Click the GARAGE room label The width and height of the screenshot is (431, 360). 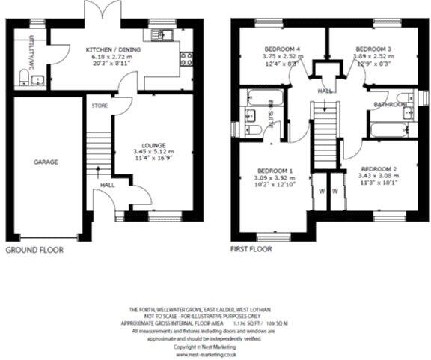[45, 162]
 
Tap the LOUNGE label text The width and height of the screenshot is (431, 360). [153, 144]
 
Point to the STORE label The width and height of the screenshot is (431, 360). [100, 106]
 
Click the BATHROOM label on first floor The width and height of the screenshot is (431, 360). [389, 105]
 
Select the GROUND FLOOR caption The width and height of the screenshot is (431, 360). [34, 250]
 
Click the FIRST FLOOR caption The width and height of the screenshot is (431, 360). [251, 248]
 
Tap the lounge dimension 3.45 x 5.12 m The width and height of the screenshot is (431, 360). [153, 151]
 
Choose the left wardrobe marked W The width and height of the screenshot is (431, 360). [322, 192]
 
